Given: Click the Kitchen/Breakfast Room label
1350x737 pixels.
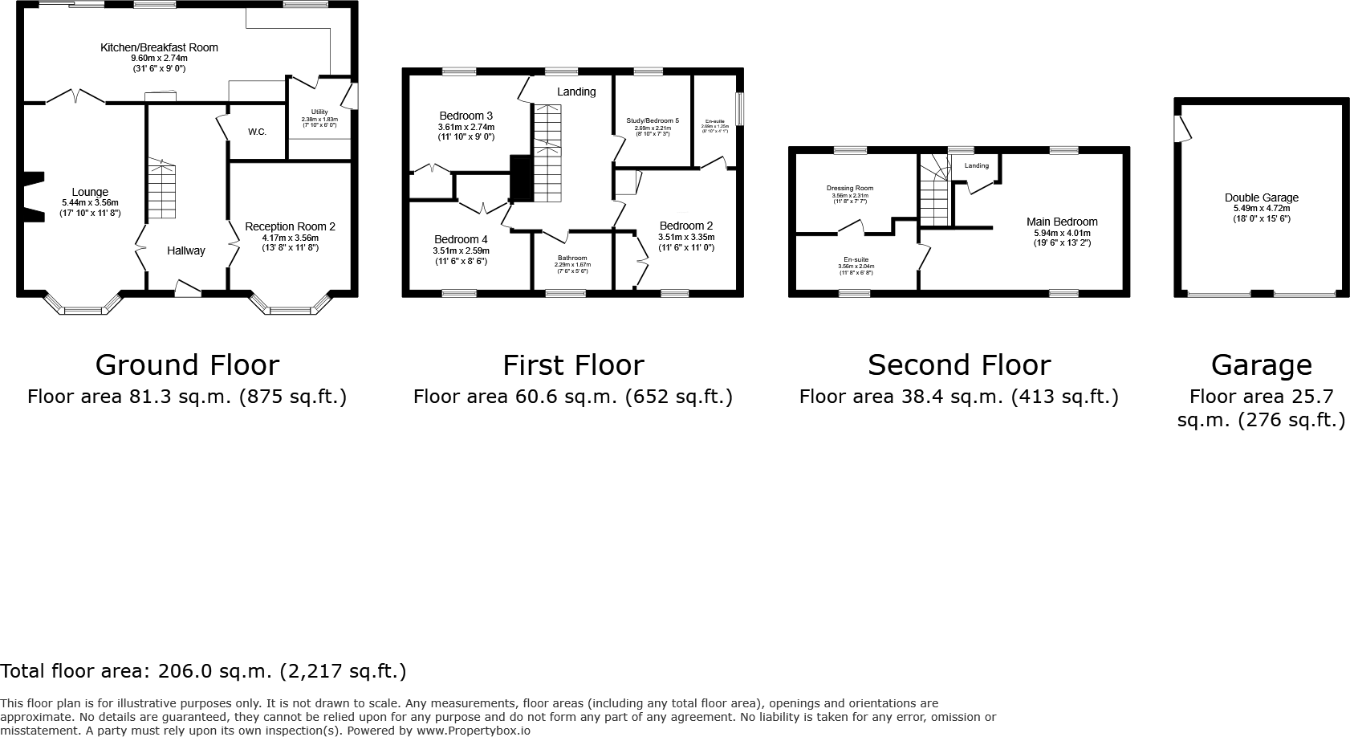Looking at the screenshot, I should click(159, 47).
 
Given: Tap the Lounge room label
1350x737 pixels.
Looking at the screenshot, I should click(90, 192).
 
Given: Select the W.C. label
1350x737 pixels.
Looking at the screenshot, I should click(257, 132).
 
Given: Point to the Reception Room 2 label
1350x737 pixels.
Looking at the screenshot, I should click(290, 226).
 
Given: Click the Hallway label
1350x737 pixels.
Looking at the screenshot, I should click(185, 250).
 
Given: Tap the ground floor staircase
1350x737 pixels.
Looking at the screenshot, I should click(161, 189).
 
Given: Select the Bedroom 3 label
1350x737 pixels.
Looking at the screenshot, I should click(466, 116).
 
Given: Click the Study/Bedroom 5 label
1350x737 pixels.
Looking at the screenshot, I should click(653, 120).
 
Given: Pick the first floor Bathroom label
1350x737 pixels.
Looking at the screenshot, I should click(572, 258).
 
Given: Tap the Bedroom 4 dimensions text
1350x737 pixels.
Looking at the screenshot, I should click(461, 256).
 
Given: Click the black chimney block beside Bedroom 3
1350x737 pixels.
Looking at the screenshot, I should click(521, 178).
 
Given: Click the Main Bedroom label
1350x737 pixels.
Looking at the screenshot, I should click(1062, 222).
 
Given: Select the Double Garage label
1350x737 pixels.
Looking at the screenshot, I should click(1261, 197).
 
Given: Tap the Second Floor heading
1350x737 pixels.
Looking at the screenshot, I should click(958, 365).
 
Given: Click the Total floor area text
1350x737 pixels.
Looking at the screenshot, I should click(203, 671).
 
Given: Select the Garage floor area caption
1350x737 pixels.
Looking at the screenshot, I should click(1261, 407).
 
